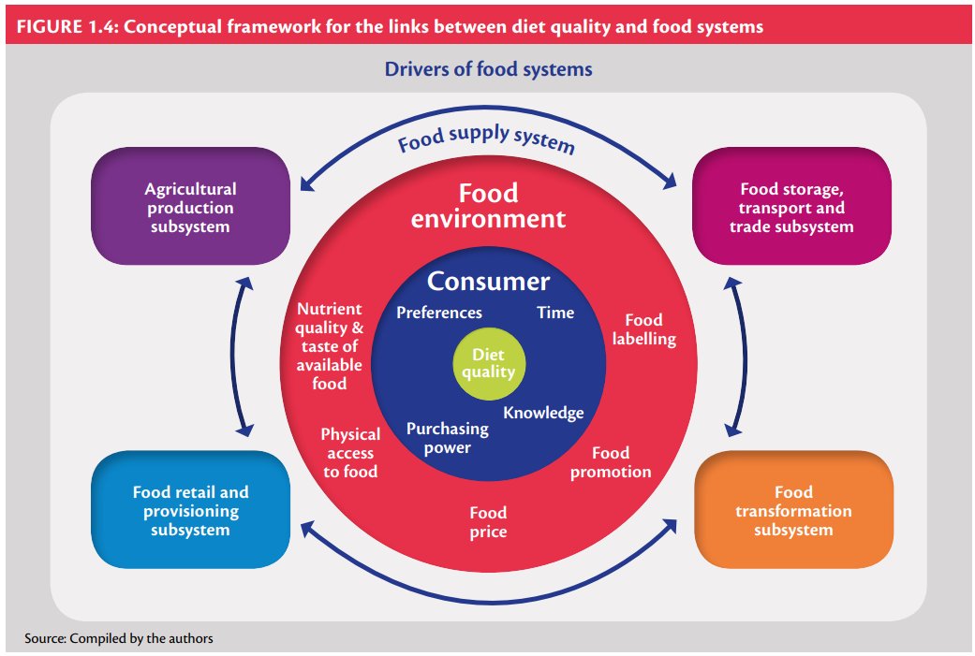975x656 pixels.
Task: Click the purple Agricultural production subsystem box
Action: [x=190, y=208]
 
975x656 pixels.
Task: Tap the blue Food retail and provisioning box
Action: [x=190, y=511]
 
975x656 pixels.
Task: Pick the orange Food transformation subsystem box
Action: [x=793, y=510]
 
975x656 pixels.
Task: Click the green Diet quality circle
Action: [x=488, y=363]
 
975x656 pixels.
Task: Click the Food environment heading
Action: [x=488, y=206]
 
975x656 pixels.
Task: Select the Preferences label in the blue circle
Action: [x=439, y=313]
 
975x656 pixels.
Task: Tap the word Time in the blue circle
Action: [x=554, y=313]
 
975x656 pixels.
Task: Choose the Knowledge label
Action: [x=543, y=413]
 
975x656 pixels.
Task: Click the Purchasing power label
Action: [x=447, y=438]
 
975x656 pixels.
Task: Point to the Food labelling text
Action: [x=643, y=329]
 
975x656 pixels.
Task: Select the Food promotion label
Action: [x=611, y=462]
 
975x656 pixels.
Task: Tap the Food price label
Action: [x=488, y=522]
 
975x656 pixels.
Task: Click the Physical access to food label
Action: [x=350, y=453]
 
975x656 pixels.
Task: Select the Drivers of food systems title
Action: [x=488, y=69]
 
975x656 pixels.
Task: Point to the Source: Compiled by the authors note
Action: [x=120, y=638]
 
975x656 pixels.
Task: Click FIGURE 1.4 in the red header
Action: [x=61, y=26]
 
